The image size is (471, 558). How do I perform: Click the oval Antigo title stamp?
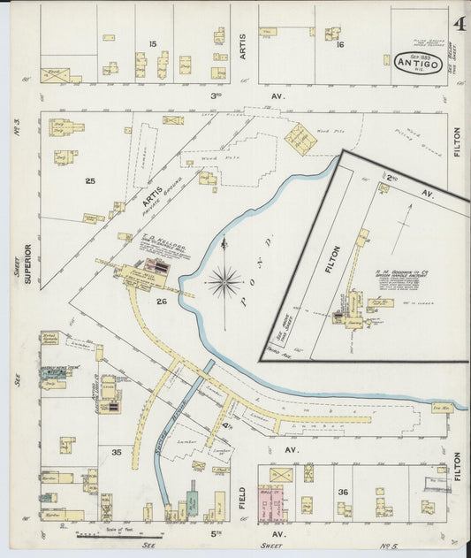point(414,62)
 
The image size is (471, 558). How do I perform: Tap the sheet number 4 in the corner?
point(460,24)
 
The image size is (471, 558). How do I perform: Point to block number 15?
point(153,43)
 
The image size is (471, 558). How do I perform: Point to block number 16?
point(339,43)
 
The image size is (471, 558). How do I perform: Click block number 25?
point(90,180)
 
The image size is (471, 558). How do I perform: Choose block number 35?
point(116,451)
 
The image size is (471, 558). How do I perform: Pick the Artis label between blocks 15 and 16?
point(242,42)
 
